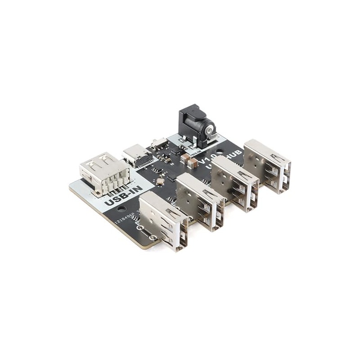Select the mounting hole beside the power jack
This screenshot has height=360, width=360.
(x=219, y=152)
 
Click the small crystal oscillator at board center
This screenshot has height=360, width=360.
(x=160, y=181)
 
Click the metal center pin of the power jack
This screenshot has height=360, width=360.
(x=210, y=130)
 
